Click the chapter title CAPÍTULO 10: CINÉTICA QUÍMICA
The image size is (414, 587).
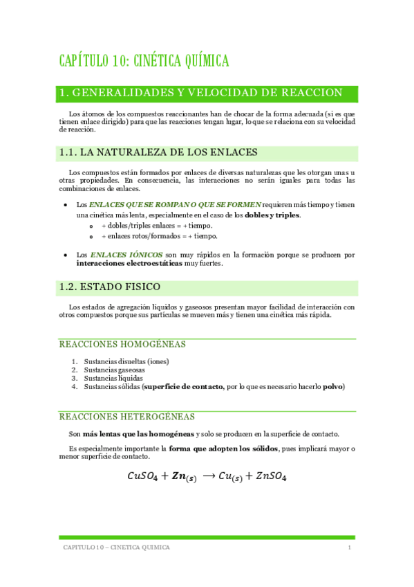144,62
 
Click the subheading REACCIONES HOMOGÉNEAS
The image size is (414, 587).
122,344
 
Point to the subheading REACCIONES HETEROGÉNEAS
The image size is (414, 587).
127,417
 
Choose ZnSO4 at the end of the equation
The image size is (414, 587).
271,476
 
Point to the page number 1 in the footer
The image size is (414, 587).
350,547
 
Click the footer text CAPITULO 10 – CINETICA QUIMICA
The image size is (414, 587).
116,547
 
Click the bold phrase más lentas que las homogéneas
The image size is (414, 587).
139,434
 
